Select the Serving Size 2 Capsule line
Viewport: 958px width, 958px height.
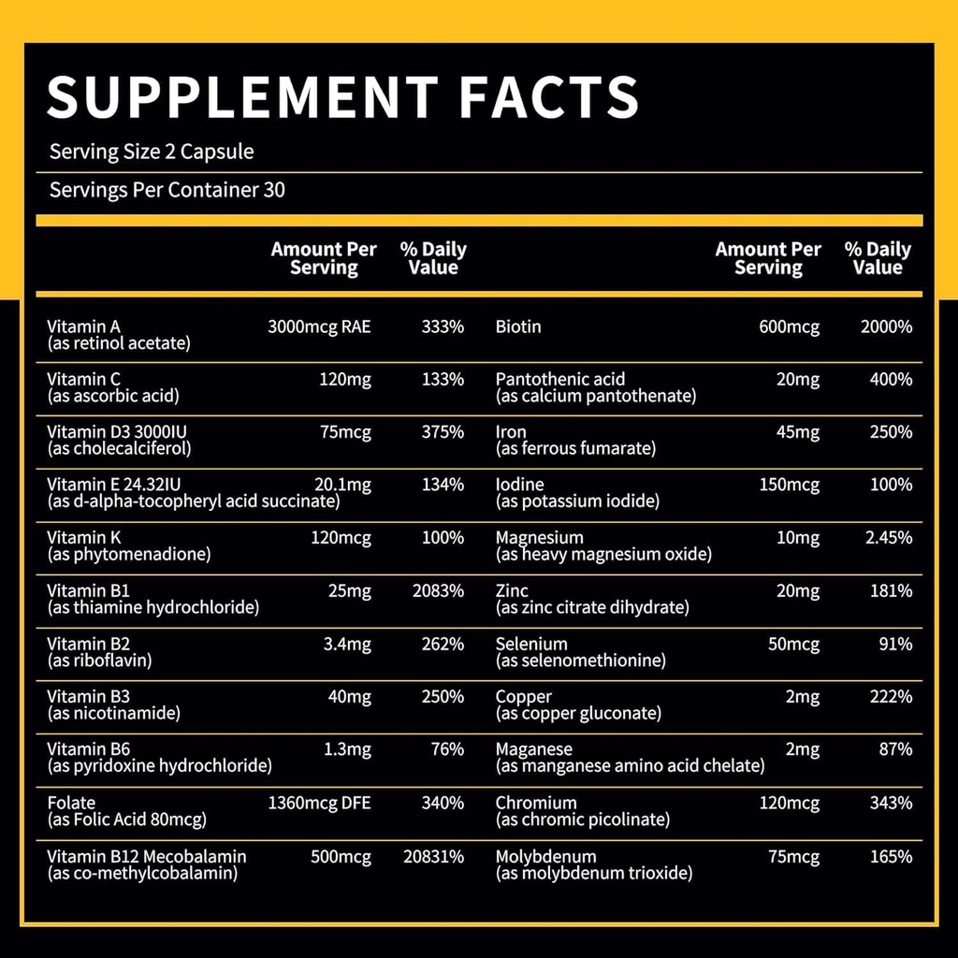click(152, 152)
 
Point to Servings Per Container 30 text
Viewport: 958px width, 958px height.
click(167, 191)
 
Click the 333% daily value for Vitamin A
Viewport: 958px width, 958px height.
click(443, 327)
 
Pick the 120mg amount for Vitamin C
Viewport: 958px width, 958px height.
click(347, 379)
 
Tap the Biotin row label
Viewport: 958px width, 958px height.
click(518, 327)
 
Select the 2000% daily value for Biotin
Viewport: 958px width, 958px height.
click(886, 327)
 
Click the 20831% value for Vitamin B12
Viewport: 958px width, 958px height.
click(433, 856)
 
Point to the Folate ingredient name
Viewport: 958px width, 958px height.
click(71, 803)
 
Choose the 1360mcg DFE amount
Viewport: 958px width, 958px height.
click(319, 803)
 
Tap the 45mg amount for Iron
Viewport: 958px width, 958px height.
click(796, 432)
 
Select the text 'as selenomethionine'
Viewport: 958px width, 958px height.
click(580, 660)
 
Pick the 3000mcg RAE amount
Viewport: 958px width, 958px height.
click(319, 327)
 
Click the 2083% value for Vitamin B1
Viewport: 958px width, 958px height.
click(438, 590)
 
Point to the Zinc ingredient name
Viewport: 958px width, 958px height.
click(512, 590)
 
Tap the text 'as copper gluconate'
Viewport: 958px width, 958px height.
click(578, 714)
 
